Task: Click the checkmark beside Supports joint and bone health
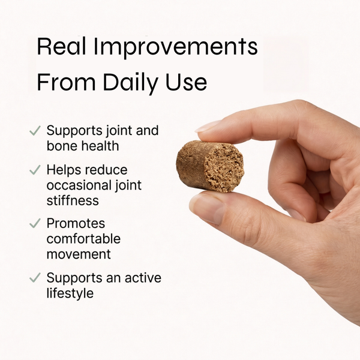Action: [x=35, y=130]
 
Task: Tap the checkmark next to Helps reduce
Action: [x=35, y=170]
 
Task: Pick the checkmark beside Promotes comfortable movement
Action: [x=35, y=224]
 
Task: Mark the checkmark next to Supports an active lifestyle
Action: [x=35, y=278]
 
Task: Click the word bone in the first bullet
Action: [x=61, y=145]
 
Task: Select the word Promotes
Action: [x=75, y=224]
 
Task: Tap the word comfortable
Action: [x=83, y=239]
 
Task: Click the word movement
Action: [x=79, y=254]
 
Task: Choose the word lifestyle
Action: [x=70, y=293]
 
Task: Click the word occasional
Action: [x=79, y=185]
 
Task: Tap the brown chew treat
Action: [x=210, y=166]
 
